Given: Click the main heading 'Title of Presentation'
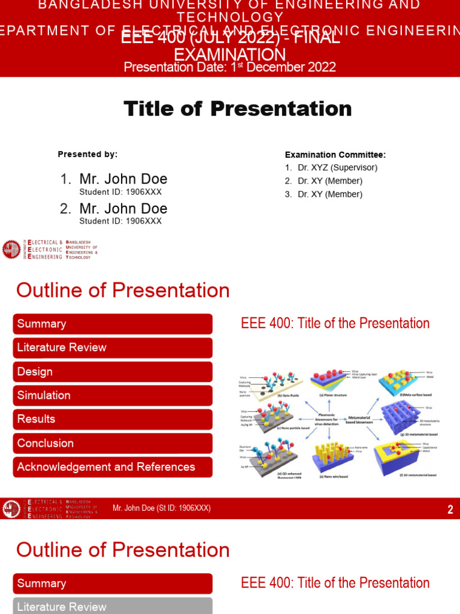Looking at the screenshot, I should point(237,109).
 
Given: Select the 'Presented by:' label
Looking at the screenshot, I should point(87,154).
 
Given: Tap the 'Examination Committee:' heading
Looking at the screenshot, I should point(335,155).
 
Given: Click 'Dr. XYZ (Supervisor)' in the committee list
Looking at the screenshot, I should point(337,168).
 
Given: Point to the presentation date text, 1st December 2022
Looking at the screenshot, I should point(229,67).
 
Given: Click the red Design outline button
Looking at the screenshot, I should point(113,372).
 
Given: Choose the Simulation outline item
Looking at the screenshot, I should point(113,396).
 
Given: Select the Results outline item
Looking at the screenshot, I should point(113,419).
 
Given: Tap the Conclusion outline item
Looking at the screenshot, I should point(113,443).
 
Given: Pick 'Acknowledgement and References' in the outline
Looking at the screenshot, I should point(113,467).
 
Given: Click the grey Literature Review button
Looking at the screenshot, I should point(113,606).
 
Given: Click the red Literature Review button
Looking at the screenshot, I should point(113,348).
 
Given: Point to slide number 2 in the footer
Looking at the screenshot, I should point(450,510).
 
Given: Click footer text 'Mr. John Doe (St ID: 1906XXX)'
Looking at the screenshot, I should point(162,508).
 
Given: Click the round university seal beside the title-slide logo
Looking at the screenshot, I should point(11,249).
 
